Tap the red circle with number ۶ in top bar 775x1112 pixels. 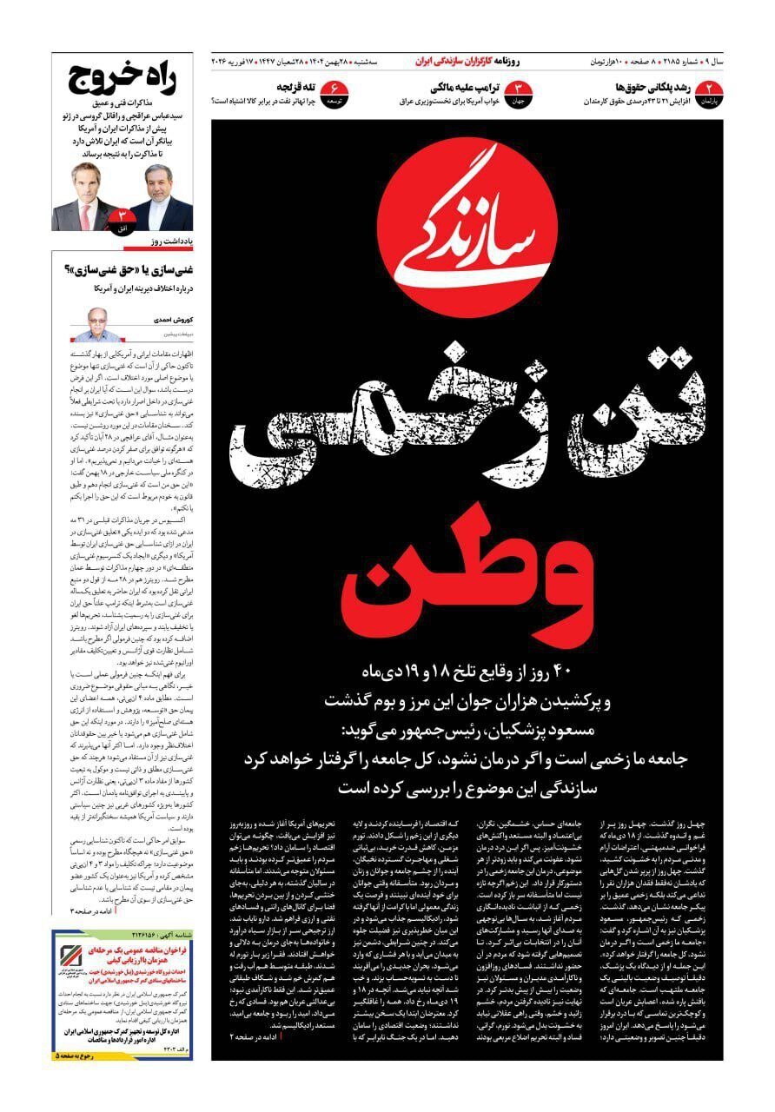click(x=333, y=89)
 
